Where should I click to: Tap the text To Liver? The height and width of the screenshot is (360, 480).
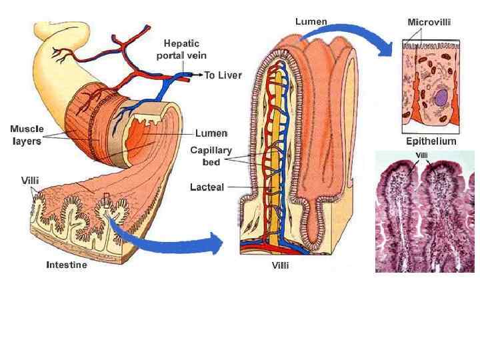pos(223,75)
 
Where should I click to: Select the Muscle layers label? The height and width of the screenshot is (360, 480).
pos(27,134)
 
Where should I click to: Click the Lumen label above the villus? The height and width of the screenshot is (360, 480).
pos(311,21)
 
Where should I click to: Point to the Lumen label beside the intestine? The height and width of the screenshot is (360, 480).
pos(211,133)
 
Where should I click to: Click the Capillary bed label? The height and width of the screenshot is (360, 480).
pos(211,156)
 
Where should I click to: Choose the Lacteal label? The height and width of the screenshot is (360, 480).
pos(207,187)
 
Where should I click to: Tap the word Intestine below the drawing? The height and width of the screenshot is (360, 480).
pos(66,265)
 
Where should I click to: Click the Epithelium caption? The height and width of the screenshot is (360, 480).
pos(431,141)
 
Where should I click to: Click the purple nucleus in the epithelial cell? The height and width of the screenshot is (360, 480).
pos(441,98)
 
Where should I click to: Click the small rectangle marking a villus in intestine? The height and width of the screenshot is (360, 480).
pos(107,199)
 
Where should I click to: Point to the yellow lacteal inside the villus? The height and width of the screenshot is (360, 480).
pos(272,147)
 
